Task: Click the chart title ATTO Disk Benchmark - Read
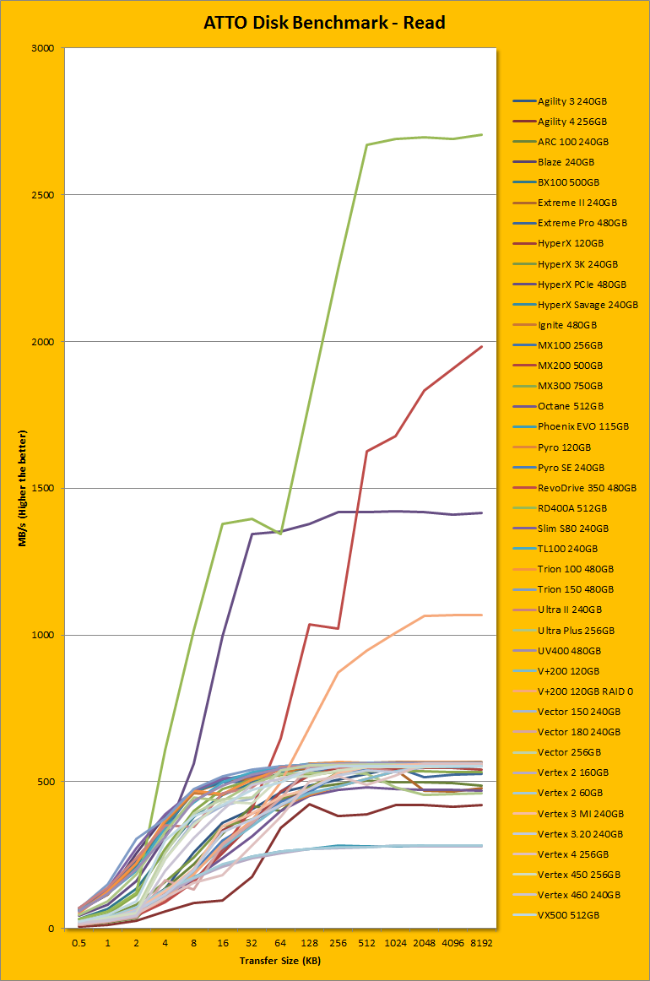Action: point(324,23)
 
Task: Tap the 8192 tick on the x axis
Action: point(482,942)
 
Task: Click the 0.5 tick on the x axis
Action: point(79,942)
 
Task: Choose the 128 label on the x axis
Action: point(309,942)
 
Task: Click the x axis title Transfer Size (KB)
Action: point(280,960)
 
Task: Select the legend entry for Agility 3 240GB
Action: point(571,101)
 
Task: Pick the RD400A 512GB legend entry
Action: point(571,508)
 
